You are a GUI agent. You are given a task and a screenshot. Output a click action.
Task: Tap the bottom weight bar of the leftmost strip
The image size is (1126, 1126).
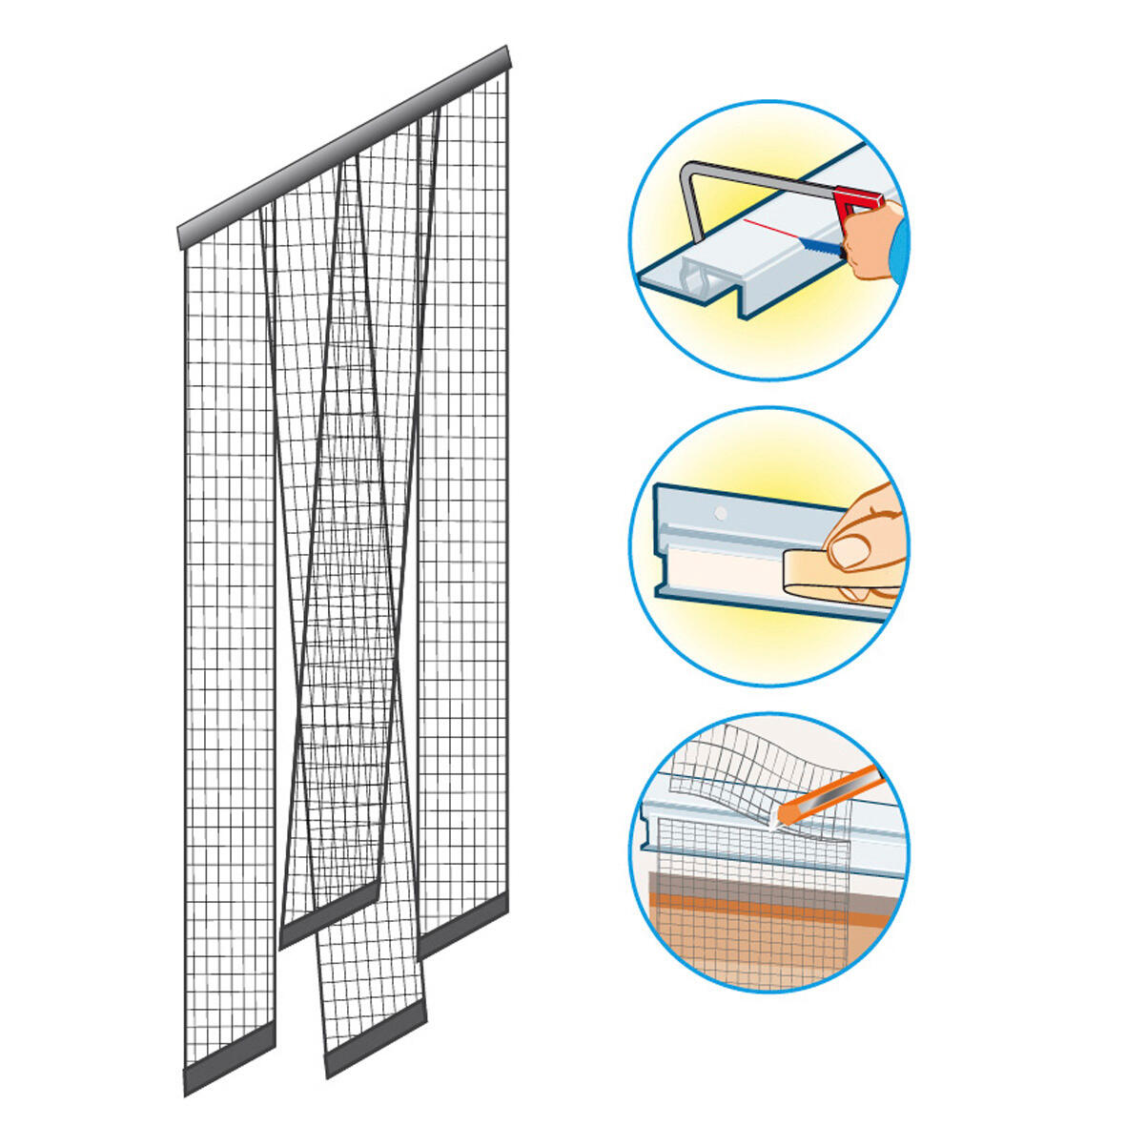[229, 1058]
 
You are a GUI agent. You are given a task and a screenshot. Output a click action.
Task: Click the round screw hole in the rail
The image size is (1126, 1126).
[721, 514]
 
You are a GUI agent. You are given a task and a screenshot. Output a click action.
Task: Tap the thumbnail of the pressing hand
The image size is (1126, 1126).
[848, 549]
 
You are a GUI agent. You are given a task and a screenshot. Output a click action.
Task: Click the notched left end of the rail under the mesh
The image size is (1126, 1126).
[654, 825]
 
